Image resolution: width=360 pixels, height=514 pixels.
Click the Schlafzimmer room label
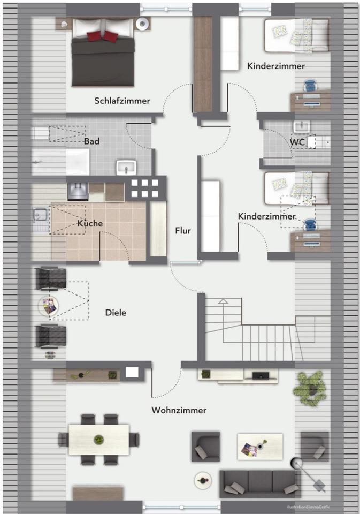coord(122,101)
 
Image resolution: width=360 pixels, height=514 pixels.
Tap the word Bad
coord(91,142)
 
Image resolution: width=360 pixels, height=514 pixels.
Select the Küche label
coord(90,223)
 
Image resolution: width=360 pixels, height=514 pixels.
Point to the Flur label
coord(182,231)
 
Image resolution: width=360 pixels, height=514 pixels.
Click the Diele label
coord(116,313)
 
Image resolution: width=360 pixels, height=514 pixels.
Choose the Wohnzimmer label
coord(179,411)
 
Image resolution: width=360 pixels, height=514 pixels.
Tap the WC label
coord(297,142)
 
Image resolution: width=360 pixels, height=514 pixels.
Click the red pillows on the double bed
coord(103,35)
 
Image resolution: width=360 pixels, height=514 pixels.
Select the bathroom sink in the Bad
coord(127,167)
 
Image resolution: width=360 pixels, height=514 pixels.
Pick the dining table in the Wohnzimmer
coord(99,440)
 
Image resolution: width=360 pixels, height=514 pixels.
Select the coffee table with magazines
coord(259,446)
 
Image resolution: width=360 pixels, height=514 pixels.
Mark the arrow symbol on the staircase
coord(223,301)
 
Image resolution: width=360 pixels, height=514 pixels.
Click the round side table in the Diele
coord(49,306)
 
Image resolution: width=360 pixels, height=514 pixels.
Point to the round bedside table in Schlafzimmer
coord(143,23)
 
